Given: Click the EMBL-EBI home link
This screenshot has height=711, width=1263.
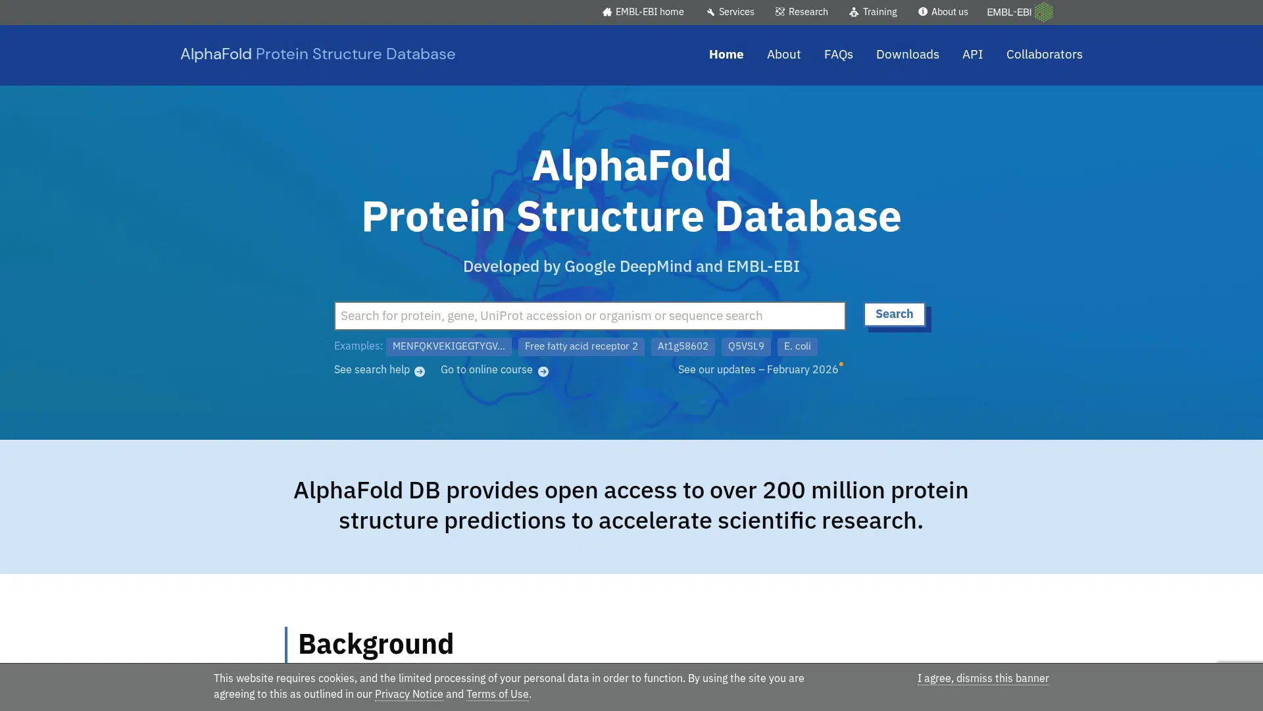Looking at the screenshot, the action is (x=643, y=12).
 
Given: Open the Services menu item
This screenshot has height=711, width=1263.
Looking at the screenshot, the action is (x=730, y=12).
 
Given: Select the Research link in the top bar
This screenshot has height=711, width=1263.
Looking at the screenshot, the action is (x=801, y=12).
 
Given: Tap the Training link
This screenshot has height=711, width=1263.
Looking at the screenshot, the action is (x=873, y=12).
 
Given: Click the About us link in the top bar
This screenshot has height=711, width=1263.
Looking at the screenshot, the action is (x=943, y=12).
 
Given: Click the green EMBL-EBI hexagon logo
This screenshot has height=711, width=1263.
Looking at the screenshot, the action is (x=1043, y=12).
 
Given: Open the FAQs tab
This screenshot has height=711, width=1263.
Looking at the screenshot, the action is (x=838, y=55).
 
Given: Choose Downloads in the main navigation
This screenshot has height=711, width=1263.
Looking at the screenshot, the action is (x=907, y=55).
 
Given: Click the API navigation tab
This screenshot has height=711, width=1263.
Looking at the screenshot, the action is (x=972, y=55).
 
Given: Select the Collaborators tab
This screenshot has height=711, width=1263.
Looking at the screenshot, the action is (x=1044, y=55).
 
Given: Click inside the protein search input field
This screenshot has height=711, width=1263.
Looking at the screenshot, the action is (x=589, y=316).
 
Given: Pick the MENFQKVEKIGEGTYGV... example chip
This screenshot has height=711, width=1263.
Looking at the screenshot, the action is (x=449, y=346).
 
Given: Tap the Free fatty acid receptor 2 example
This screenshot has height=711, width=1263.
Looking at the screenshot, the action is (x=581, y=346).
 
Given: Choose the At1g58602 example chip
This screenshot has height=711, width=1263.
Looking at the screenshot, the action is (x=683, y=346).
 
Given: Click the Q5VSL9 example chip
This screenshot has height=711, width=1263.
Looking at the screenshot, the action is (x=746, y=346).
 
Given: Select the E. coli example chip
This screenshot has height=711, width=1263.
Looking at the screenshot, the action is (x=797, y=346).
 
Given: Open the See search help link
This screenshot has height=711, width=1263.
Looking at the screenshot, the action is (x=380, y=371).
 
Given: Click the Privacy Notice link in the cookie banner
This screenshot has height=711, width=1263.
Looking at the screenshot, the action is (x=409, y=695).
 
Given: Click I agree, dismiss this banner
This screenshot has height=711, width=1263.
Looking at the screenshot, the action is (x=983, y=679).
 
